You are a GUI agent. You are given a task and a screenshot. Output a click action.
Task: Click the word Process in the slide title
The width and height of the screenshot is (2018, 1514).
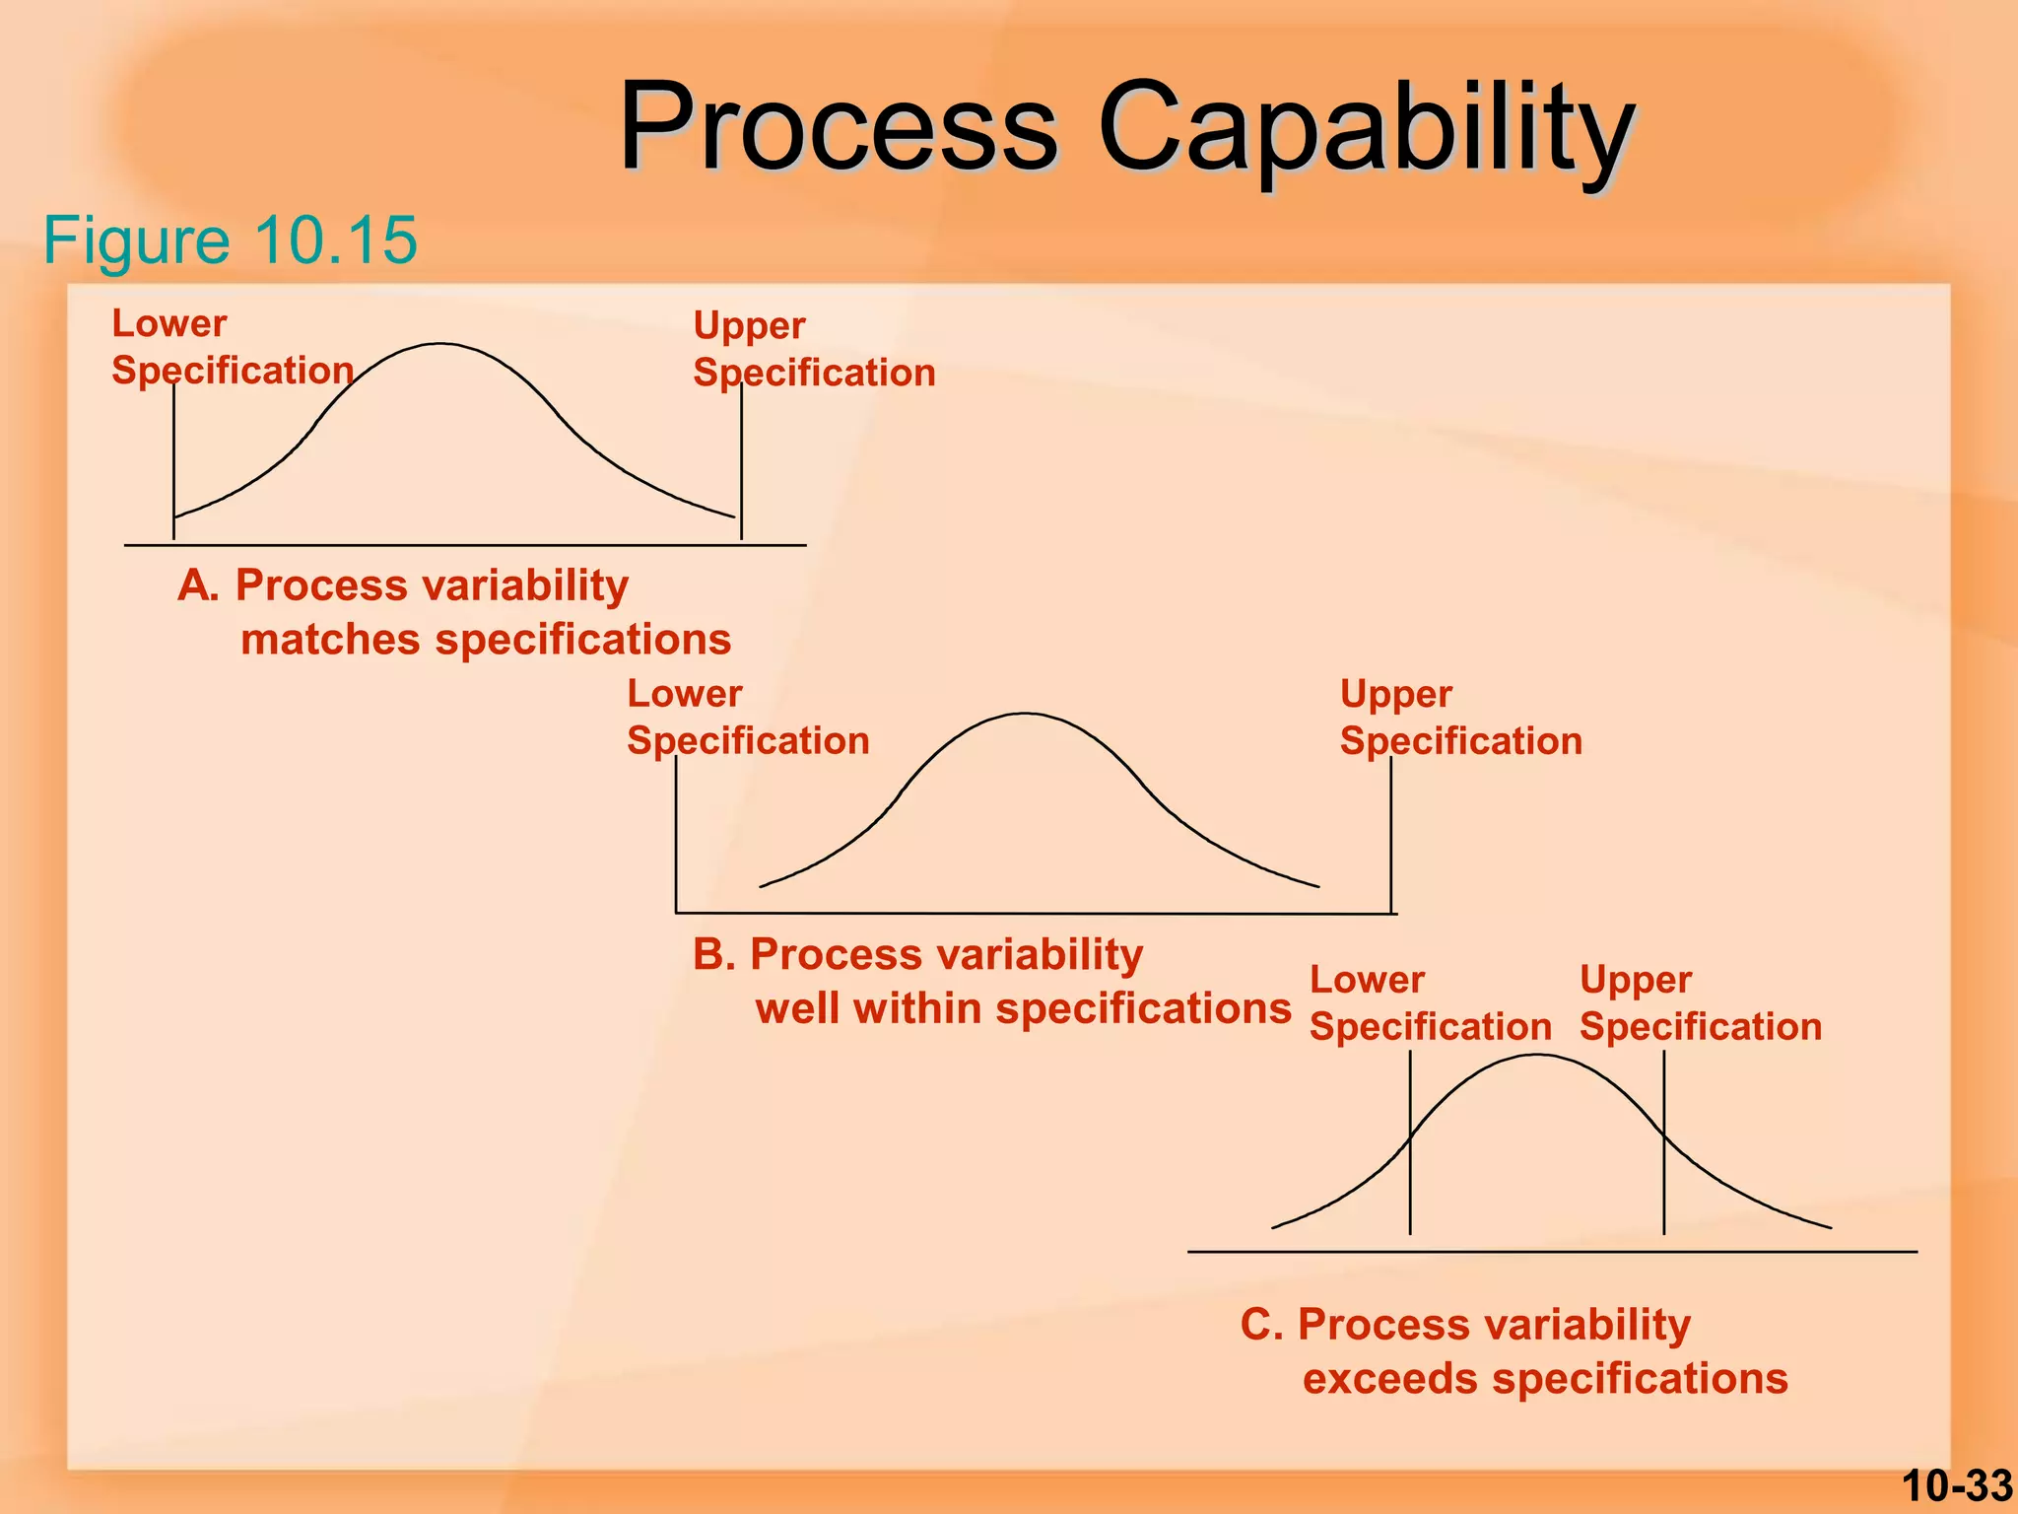(x=838, y=128)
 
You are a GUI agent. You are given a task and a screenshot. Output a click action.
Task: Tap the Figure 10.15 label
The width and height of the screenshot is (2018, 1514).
(x=230, y=240)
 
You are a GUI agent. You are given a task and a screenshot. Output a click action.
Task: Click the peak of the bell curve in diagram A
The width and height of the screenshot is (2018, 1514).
(x=439, y=344)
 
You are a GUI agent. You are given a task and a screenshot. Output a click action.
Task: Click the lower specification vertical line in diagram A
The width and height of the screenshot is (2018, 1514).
(x=174, y=463)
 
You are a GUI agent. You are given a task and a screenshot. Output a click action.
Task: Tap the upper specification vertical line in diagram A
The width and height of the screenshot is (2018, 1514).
(x=741, y=463)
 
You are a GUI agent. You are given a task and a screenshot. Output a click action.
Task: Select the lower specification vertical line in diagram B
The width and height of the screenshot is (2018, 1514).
(x=676, y=838)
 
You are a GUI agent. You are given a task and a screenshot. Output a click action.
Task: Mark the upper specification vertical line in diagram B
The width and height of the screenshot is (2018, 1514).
(x=1390, y=838)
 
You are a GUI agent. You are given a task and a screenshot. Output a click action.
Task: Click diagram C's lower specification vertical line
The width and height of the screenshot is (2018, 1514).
(x=1410, y=1143)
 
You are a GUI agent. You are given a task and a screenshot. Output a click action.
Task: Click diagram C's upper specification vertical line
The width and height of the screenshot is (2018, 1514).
(x=1664, y=1143)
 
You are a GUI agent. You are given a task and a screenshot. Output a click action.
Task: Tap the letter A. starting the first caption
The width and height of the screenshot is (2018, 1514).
(x=197, y=585)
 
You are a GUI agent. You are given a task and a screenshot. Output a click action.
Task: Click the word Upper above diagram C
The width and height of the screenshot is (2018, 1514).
(x=1636, y=981)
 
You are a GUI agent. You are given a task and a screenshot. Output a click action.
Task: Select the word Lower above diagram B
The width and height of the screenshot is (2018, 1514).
(x=684, y=694)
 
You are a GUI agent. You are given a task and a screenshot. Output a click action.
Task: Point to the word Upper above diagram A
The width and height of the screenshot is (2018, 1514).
(x=749, y=326)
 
